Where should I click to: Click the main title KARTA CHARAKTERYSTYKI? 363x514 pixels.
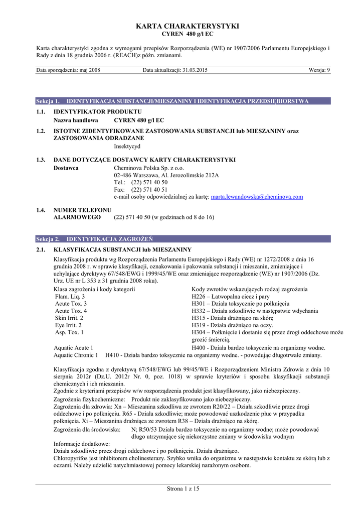[181, 26]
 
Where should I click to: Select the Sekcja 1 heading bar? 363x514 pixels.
[183, 101]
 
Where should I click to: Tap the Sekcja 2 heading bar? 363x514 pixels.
[183, 239]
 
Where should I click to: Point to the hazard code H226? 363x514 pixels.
[199, 297]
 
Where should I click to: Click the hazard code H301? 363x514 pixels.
[199, 304]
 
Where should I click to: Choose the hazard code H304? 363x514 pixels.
[199, 332]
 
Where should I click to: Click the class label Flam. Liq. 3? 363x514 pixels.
[70, 297]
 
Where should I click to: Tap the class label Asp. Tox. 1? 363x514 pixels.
[69, 332]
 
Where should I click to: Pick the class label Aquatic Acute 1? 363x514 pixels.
[73, 348]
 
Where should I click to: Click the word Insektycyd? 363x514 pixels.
[127, 147]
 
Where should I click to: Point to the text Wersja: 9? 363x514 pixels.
[319, 70]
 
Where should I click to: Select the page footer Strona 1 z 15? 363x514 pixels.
[183, 489]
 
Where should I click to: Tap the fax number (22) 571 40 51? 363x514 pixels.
[149, 190]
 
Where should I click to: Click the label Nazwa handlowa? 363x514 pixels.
[76, 120]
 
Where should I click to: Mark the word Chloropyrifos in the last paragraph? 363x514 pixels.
[71, 458]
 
